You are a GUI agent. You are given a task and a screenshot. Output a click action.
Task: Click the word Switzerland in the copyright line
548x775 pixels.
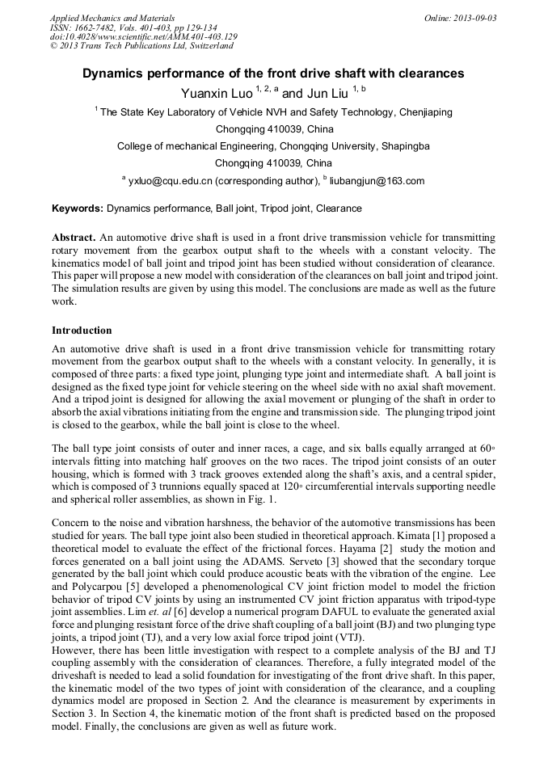[204, 46]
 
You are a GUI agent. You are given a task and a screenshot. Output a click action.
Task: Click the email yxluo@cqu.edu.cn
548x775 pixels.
[169, 181]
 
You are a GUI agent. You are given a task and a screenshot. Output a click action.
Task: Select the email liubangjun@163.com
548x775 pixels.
[377, 181]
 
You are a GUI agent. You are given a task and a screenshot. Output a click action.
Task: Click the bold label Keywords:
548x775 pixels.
[78, 208]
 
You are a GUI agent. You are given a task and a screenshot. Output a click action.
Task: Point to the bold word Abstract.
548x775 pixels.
[73, 238]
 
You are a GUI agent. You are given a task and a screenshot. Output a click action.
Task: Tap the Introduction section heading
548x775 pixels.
[82, 331]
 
